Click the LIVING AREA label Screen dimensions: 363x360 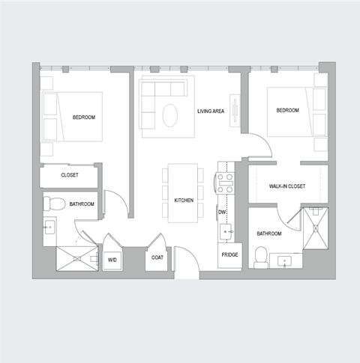[211, 112]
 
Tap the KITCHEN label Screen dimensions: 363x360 [184, 201]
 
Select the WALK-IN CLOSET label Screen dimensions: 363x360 [286, 186]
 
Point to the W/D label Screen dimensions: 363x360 [112, 260]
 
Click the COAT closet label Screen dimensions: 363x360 [157, 258]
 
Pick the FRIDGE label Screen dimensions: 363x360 [229, 256]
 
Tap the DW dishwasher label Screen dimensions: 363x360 [222, 213]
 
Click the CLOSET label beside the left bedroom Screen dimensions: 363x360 [70, 176]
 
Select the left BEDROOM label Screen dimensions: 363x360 [83, 118]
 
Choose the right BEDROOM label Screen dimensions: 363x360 [287, 111]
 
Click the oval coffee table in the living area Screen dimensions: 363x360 [170, 115]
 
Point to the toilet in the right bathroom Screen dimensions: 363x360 [261, 257]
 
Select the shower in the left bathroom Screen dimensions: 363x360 [77, 257]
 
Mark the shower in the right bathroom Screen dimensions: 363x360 [314, 230]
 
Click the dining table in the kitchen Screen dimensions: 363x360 [182, 192]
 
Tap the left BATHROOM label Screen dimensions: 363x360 [82, 204]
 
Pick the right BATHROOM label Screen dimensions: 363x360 [268, 234]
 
